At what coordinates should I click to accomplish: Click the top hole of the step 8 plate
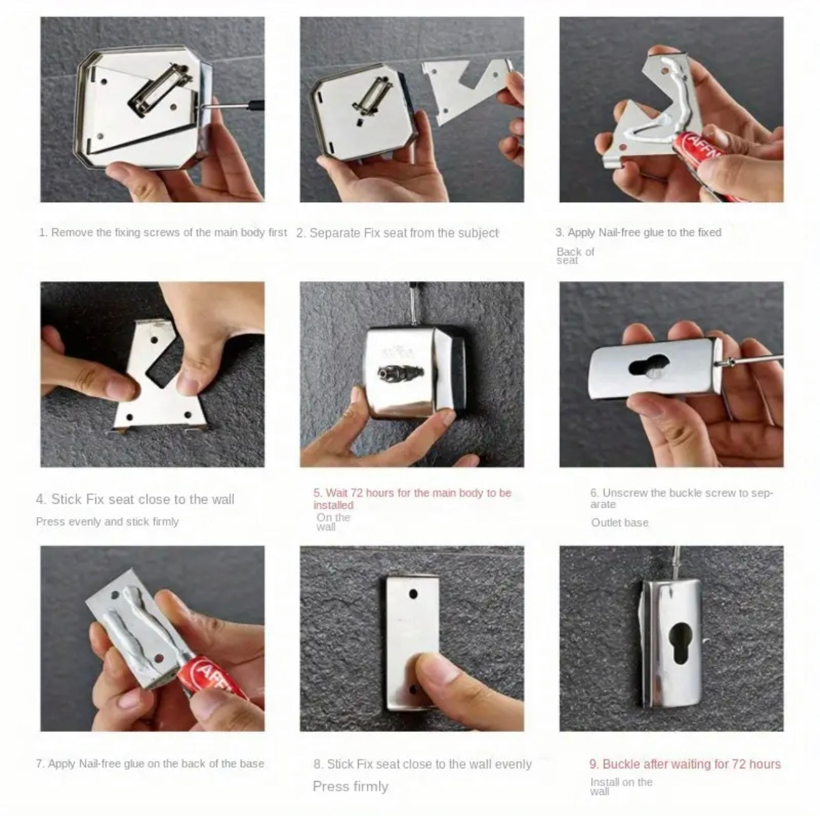[413, 593]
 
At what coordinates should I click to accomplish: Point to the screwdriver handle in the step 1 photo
[256, 105]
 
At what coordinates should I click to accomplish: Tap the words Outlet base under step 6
[620, 523]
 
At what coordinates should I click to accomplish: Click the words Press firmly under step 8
[350, 774]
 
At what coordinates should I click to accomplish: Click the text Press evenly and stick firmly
[107, 522]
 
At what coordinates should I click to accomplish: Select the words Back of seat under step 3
[575, 256]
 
